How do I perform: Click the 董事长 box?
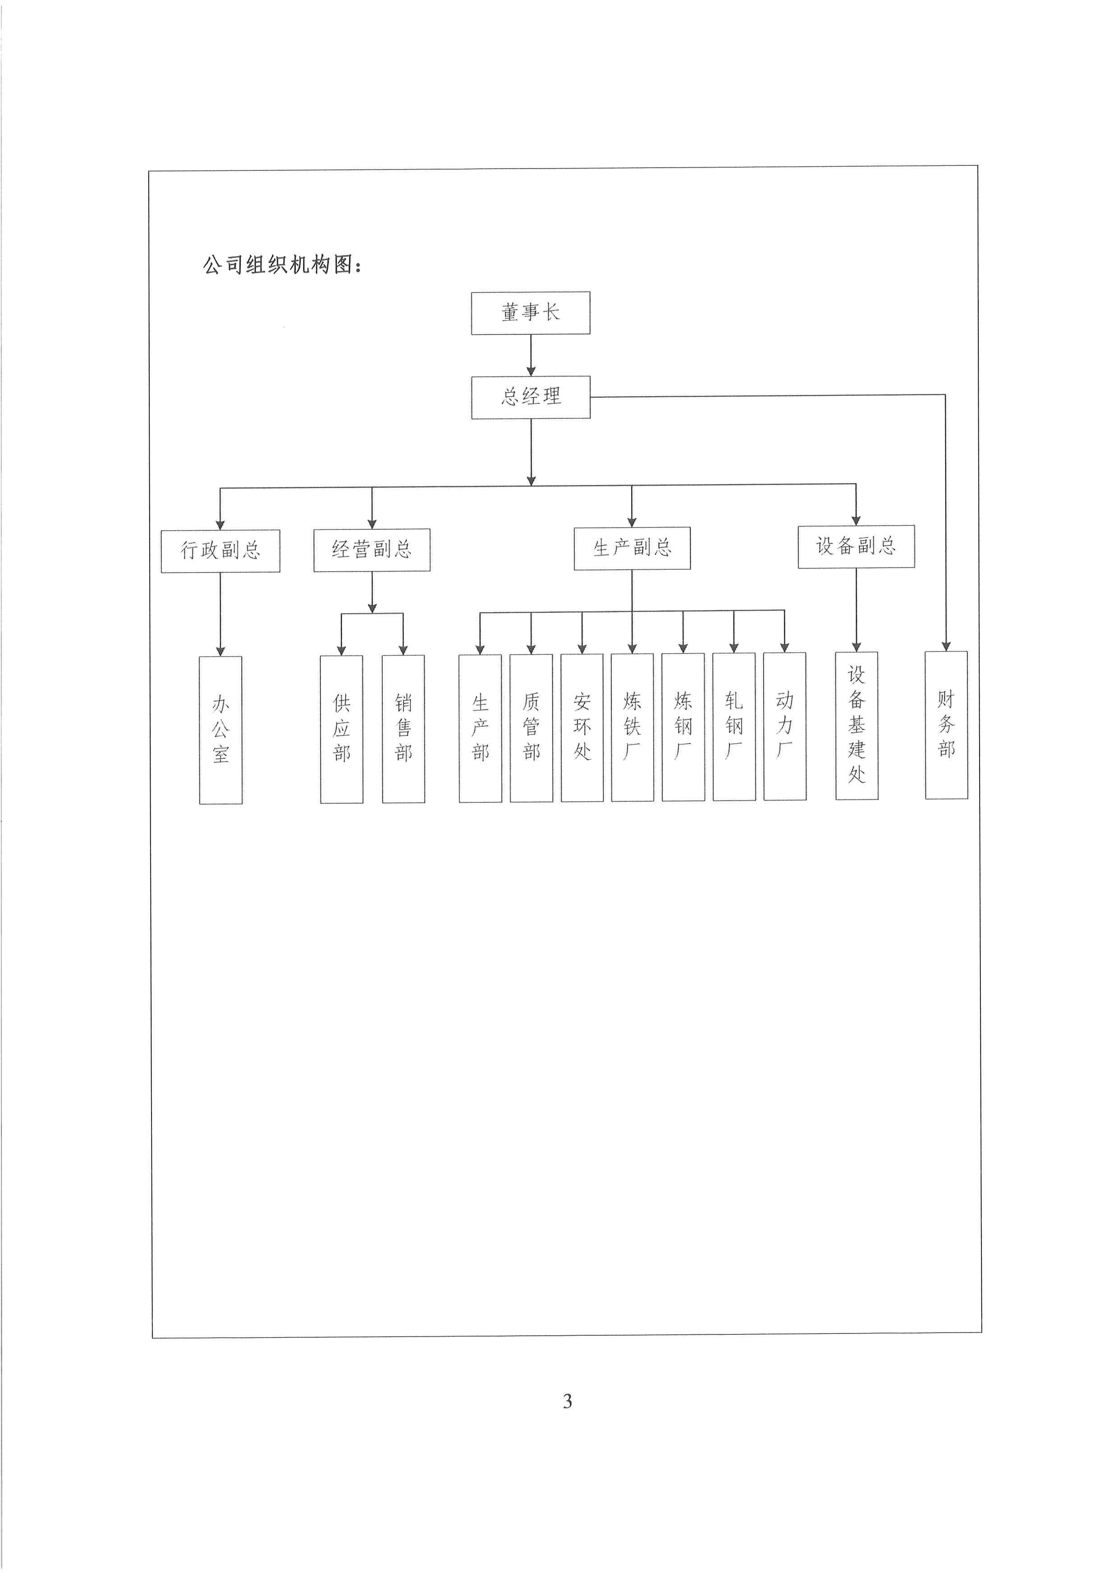pyautogui.click(x=530, y=313)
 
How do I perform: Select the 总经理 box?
pyautogui.click(x=530, y=397)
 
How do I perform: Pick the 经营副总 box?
pyautogui.click(x=372, y=550)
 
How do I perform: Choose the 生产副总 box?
pyautogui.click(x=632, y=548)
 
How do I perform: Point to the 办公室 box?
pyautogui.click(x=220, y=729)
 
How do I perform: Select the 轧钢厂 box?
pyautogui.click(x=734, y=726)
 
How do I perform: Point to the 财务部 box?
pyautogui.click(x=946, y=724)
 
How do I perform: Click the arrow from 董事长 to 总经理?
pyautogui.click(x=531, y=355)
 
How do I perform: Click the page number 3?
pyautogui.click(x=567, y=1401)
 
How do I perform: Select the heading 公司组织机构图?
pyautogui.click(x=282, y=265)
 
